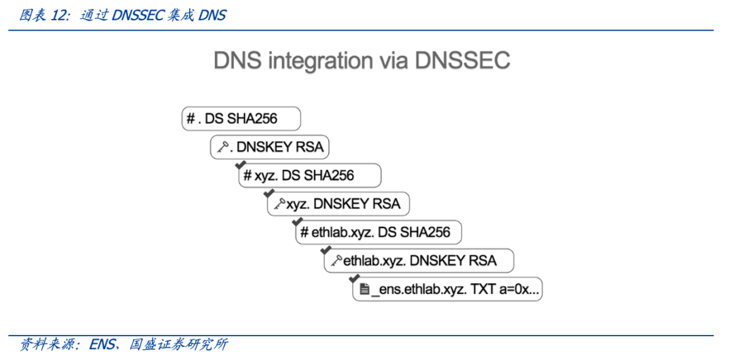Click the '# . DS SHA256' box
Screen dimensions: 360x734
pos(241,119)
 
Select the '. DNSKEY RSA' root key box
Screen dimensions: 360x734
pos(270,147)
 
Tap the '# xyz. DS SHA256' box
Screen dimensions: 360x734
pos(309,175)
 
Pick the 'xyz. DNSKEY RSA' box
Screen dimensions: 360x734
pos(338,204)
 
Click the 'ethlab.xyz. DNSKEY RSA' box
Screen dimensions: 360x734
pos(419,261)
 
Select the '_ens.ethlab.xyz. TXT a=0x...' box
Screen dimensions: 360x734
pos(448,289)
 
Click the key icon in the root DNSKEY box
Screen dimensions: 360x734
pos(223,147)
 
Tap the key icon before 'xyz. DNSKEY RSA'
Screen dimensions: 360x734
pos(279,204)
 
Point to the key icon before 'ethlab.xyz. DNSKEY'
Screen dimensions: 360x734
pos(335,261)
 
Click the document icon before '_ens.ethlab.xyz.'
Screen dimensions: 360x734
pos(364,290)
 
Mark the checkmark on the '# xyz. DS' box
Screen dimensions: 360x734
pos(239,165)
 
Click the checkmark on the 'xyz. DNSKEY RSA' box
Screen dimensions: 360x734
pos(268,194)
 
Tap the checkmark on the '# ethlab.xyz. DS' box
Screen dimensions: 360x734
pos(296,222)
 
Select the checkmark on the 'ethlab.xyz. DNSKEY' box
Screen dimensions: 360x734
pos(325,251)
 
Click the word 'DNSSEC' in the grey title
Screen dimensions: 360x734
pos(462,60)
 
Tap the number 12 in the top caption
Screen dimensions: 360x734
pos(58,15)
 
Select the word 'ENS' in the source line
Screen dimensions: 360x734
pos(103,344)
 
